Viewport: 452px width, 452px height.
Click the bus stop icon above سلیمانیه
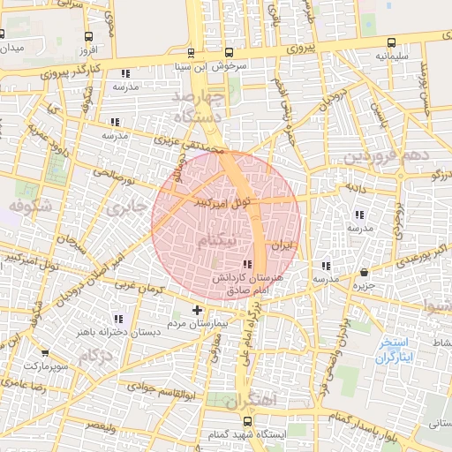tap(391, 42)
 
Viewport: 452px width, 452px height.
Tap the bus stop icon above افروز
tap(87, 37)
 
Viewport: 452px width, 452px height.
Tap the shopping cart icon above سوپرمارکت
tap(33, 350)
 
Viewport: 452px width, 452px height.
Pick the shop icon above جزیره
tap(365, 272)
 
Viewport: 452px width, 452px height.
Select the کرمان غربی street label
tap(137, 288)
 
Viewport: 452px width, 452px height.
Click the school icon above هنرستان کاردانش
tap(246, 264)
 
